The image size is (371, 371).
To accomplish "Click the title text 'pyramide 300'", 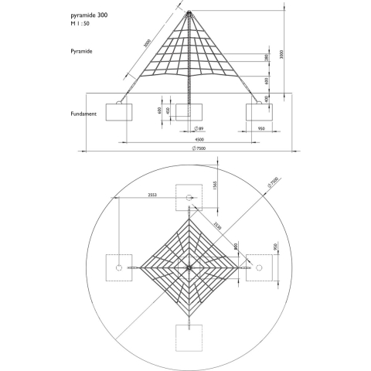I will point(89,15).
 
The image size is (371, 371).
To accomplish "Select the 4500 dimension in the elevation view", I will point(188,138).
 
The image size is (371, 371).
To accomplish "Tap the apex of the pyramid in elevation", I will point(189,11).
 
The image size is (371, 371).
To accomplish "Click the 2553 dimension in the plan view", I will point(152,195).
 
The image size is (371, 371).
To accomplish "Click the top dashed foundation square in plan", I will point(189,196).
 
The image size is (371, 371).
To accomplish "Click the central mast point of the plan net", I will point(189,267).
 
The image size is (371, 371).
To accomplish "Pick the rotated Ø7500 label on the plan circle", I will point(272,182).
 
